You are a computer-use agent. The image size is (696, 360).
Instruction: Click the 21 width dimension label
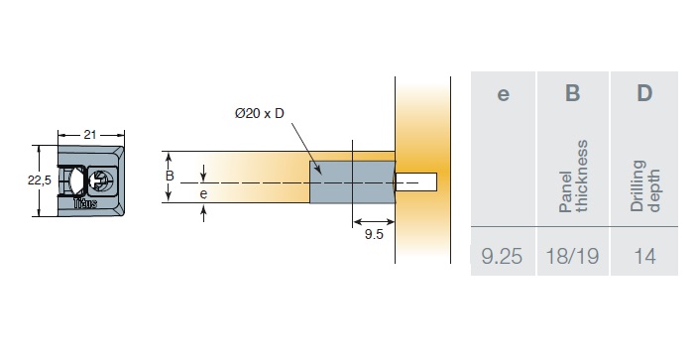tap(90, 135)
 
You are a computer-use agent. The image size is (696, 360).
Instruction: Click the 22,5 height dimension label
tap(40, 180)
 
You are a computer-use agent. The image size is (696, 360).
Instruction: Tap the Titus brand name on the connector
tap(85, 203)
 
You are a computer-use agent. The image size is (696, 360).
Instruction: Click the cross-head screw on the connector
tap(101, 180)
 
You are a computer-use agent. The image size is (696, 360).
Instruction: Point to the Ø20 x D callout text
tap(260, 114)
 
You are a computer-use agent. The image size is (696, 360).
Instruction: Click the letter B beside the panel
tap(170, 177)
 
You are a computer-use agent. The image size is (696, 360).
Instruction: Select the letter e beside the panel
tap(203, 194)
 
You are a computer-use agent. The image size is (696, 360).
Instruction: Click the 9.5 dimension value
tap(374, 234)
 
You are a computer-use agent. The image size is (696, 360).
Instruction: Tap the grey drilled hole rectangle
tap(352, 182)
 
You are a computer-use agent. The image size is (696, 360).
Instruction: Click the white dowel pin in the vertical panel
tap(415, 182)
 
